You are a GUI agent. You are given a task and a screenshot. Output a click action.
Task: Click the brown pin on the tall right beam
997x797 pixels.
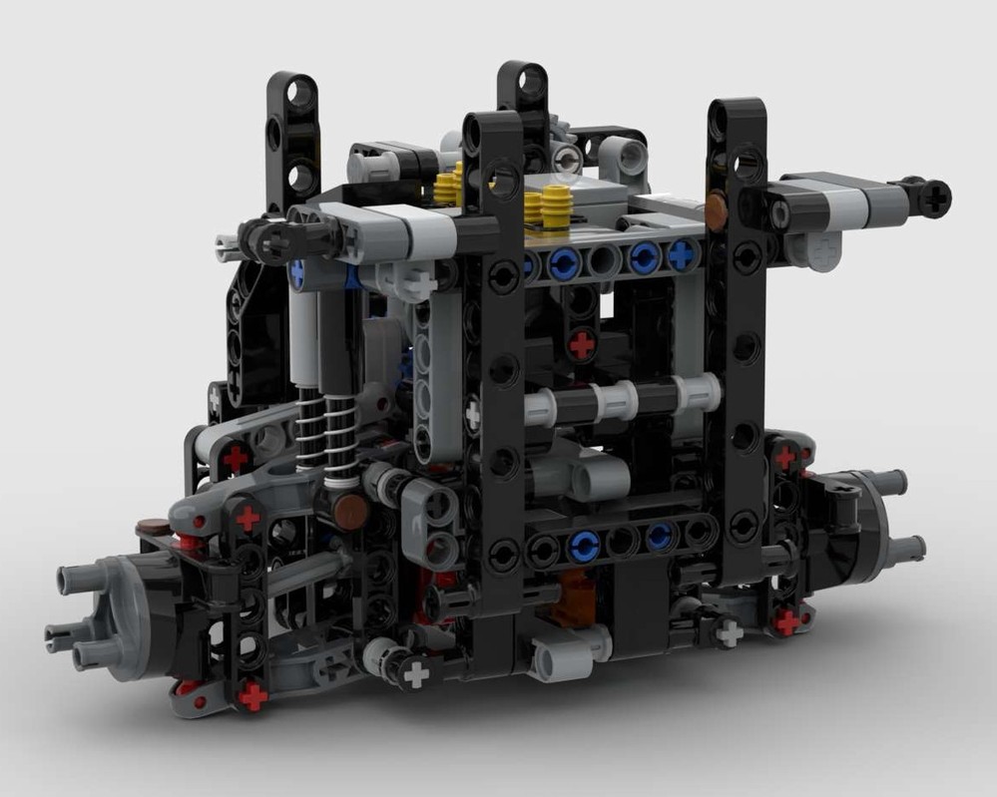coord(717,209)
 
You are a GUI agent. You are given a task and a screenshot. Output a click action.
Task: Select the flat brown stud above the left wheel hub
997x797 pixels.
coord(153,528)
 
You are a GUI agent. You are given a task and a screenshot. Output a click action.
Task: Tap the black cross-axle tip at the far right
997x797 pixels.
coord(935,198)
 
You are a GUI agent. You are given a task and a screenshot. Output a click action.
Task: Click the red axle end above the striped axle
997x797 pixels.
coord(581,345)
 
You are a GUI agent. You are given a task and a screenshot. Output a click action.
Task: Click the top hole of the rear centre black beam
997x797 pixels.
coord(523,80)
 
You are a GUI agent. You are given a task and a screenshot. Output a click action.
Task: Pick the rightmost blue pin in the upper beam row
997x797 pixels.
coord(682,255)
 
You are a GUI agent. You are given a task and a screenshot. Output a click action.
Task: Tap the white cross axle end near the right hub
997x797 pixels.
coord(730,632)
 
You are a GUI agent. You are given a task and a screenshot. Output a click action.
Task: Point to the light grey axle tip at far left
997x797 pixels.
coord(229,241)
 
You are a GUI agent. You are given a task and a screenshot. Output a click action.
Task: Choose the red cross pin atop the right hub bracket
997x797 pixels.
coord(785,457)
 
